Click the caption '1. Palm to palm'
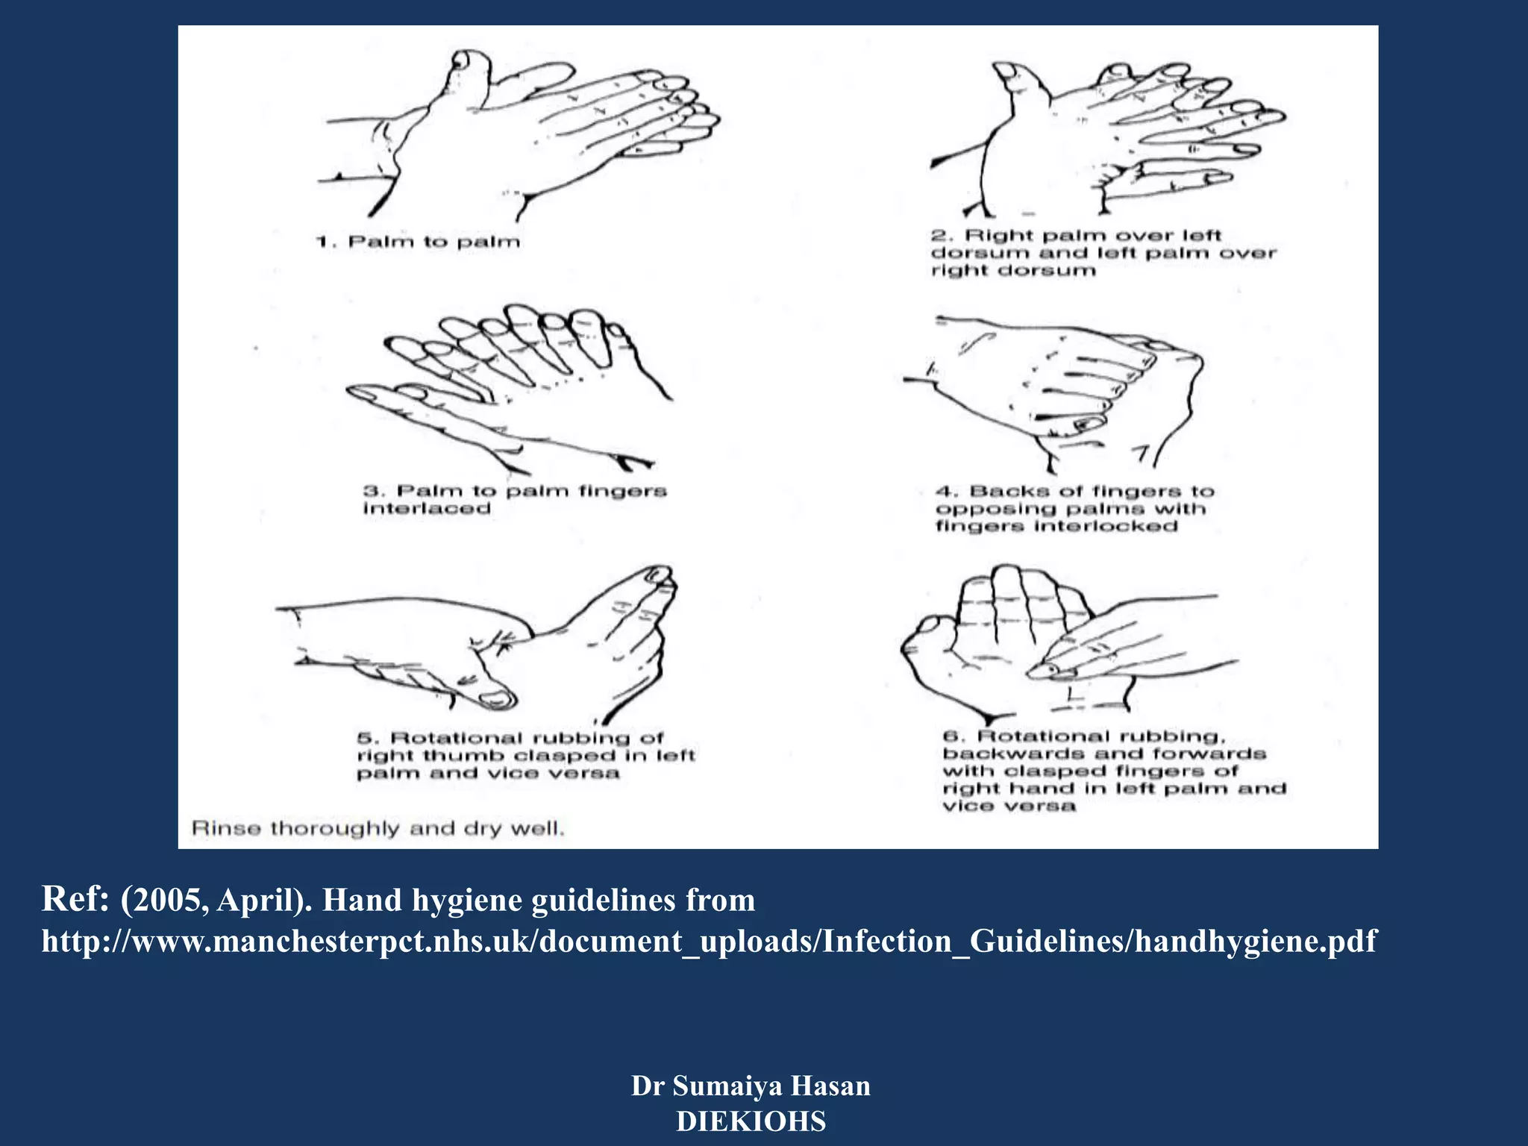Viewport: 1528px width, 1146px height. (418, 242)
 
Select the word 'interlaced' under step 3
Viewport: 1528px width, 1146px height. (427, 509)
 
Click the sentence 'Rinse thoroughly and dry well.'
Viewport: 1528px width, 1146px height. (378, 828)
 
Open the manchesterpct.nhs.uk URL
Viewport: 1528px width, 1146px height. (709, 941)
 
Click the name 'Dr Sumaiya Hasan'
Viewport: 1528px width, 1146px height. (751, 1086)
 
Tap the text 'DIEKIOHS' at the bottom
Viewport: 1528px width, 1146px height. (751, 1121)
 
